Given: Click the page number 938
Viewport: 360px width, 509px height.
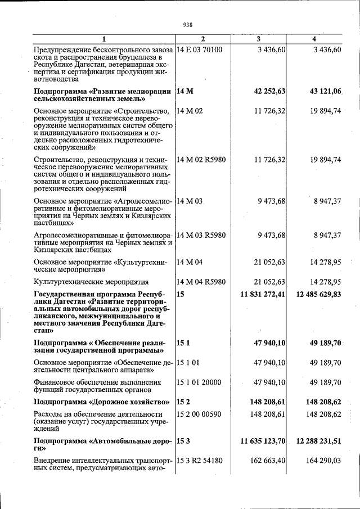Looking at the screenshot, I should tap(188, 24).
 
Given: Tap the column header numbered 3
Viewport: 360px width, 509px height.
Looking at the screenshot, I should tap(258, 39).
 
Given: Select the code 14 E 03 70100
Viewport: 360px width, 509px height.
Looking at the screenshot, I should tap(200, 49).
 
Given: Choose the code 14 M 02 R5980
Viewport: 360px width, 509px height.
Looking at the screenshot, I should tap(201, 160).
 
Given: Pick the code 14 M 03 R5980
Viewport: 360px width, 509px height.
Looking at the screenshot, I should tap(201, 235).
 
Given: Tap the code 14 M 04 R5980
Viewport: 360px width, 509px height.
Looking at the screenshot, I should tap(201, 282).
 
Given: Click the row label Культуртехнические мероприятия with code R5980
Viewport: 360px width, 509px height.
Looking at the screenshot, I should tap(91, 282).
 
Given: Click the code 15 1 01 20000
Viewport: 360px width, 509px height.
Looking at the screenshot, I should tap(199, 382).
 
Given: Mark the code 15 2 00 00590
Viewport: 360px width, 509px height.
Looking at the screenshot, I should tap(199, 414).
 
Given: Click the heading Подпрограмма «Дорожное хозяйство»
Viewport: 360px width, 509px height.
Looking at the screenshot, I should tap(102, 402).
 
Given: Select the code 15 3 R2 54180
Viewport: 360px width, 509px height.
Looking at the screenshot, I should tap(200, 461).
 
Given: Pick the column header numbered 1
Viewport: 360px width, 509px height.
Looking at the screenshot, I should tap(103, 39).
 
